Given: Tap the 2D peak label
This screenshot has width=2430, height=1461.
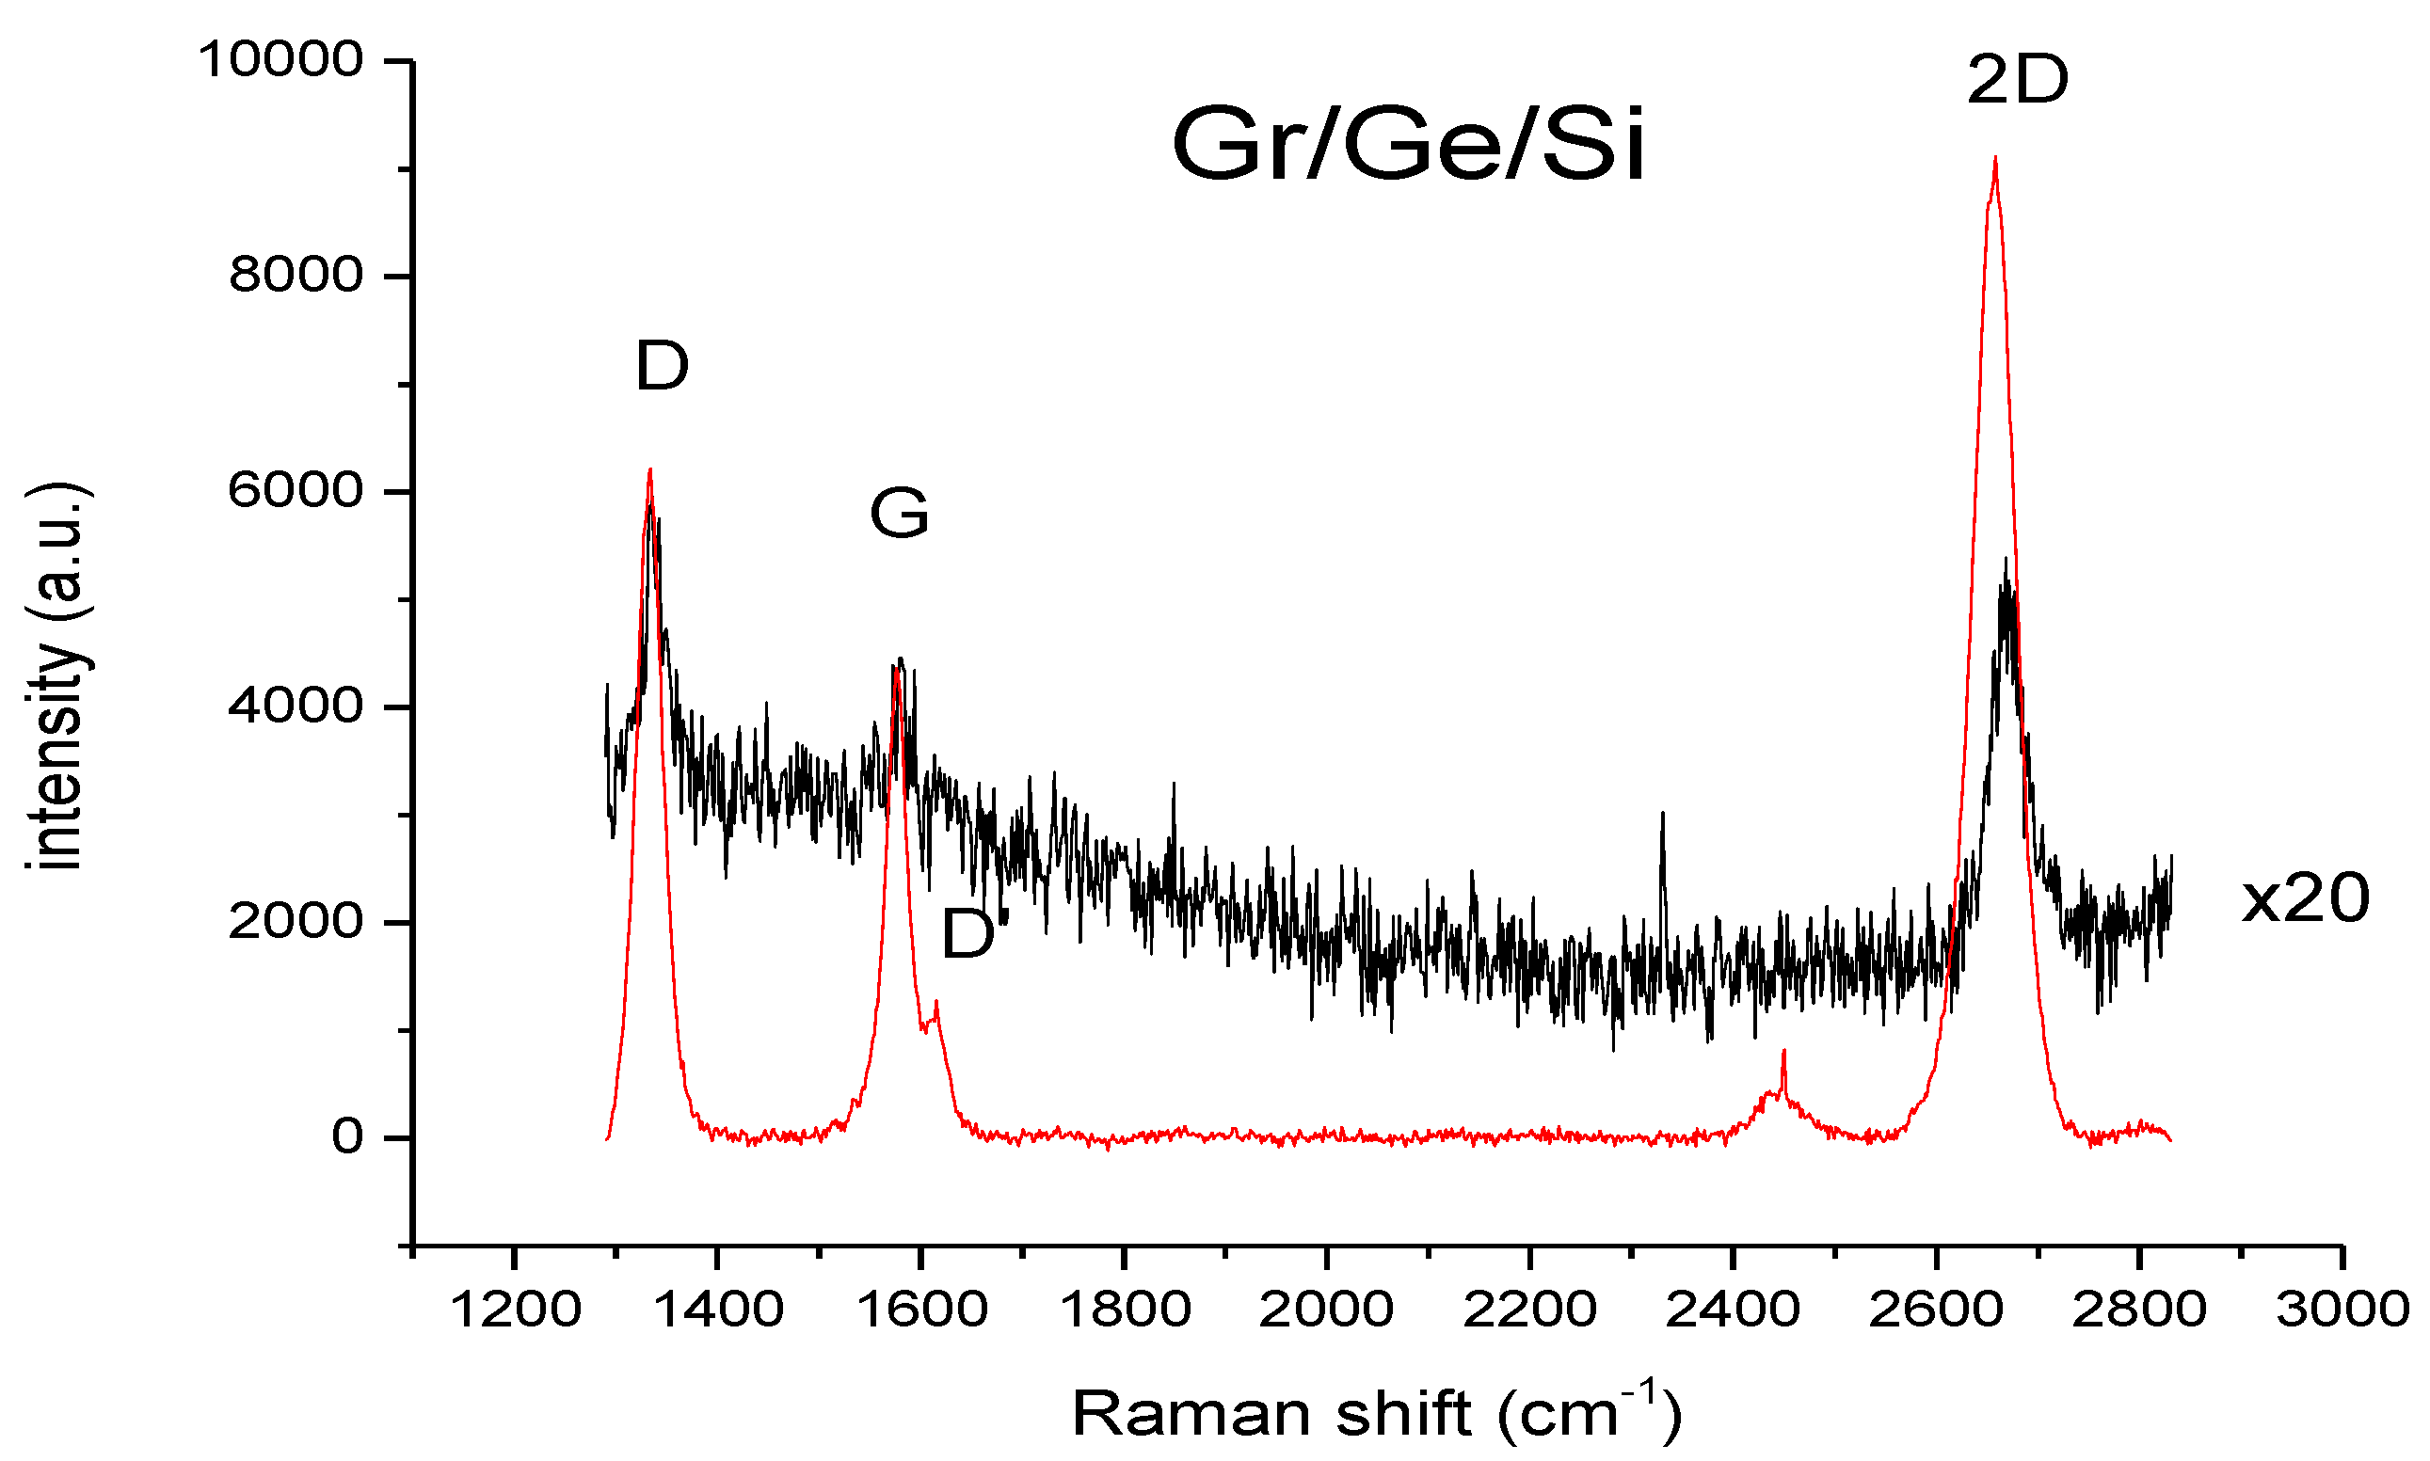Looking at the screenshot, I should click(2017, 81).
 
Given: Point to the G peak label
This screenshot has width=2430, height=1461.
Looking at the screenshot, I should click(899, 514).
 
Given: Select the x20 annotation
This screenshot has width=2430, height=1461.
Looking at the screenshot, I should click(2304, 898).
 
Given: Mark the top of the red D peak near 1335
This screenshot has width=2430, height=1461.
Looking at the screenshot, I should click(649, 470).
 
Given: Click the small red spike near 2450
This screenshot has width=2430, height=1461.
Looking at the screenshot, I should click(1783, 1053).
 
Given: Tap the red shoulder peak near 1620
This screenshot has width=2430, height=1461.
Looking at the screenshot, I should click(935, 1002).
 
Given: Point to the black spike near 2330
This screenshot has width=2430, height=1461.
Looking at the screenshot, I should click(1662, 815).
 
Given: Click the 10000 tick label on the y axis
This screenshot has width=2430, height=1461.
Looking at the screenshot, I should click(281, 60).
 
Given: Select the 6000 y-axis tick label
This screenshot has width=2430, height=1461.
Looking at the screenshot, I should click(296, 490).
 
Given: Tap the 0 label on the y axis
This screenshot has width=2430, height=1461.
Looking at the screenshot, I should click(346, 1137).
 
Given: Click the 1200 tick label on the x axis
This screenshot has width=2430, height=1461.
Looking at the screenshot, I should click(514, 1310).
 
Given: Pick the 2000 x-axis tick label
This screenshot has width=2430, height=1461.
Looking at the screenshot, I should click(1325, 1310).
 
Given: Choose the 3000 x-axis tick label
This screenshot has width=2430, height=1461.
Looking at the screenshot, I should click(2342, 1310).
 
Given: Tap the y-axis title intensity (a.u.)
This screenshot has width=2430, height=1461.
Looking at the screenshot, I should click(57, 677).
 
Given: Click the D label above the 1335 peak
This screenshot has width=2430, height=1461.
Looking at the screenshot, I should click(662, 366).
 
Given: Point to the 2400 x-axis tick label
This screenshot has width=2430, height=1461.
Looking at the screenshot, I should click(1732, 1310).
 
